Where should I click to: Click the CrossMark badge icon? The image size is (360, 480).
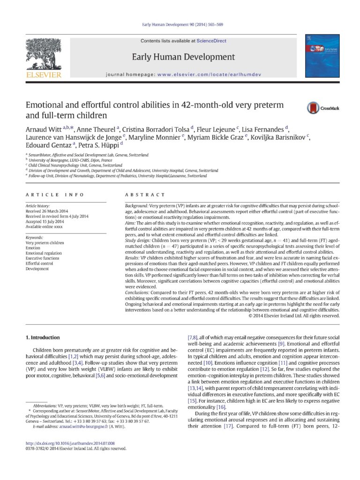[314, 108]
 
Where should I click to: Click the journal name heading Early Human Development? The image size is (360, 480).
[183, 57]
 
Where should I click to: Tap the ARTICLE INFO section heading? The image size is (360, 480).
[55, 195]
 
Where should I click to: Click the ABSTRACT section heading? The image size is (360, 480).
[145, 195]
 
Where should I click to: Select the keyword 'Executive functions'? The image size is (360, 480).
[43, 258]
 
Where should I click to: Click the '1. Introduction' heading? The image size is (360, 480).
[43, 337]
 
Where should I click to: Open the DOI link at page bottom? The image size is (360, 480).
[70, 443]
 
